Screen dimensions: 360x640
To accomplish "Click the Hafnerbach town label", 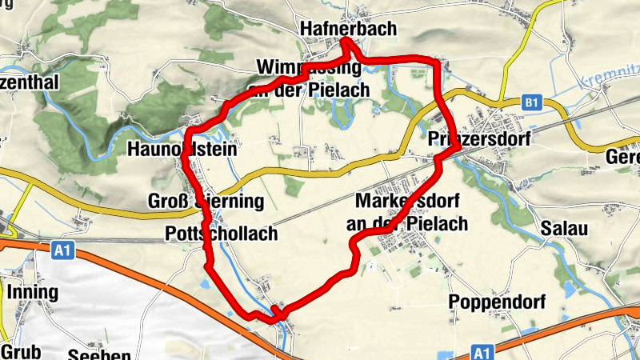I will point(348,30).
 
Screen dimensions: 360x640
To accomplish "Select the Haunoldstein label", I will point(183,149).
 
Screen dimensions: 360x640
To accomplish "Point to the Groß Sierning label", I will point(194,200).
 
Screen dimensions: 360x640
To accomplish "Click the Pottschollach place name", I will point(219,234).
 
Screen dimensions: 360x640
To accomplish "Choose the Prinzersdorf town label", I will point(479,138).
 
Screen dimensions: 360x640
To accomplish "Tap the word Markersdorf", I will point(408,199).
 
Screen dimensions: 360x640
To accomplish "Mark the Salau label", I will point(564,229).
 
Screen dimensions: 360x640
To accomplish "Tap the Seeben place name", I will point(99,354).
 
